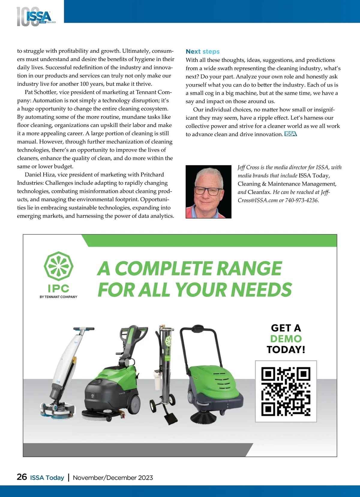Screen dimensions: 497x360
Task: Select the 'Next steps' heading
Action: (202, 52)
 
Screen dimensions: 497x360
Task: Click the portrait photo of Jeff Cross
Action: (208, 192)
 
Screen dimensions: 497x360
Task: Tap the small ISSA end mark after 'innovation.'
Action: (290, 134)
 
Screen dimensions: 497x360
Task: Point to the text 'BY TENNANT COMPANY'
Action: (58, 297)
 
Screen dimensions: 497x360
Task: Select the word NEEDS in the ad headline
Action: (261, 290)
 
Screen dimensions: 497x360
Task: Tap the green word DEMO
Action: (286, 339)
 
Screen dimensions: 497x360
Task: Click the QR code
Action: (286, 391)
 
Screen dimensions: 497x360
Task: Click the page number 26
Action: (22, 477)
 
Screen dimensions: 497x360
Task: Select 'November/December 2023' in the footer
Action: (113, 478)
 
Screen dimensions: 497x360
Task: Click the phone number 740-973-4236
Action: (301, 200)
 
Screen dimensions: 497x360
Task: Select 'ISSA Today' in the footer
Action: (47, 478)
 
